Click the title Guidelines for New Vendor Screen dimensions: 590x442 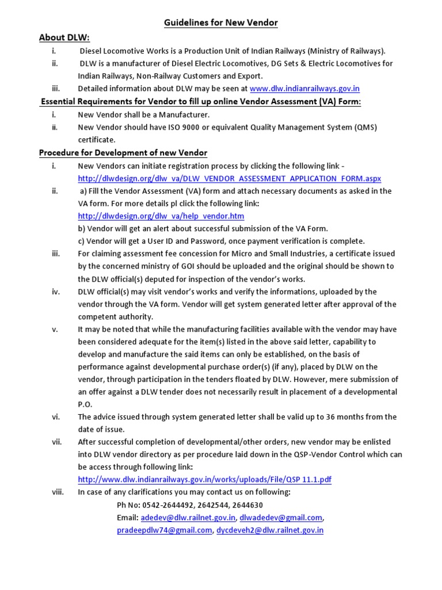click(x=221, y=23)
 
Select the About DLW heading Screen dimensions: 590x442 click(x=64, y=37)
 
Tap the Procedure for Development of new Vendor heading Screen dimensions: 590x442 click(x=123, y=153)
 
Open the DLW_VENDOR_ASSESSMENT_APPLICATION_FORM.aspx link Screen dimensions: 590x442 click(x=229, y=179)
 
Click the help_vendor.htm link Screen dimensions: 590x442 click(x=161, y=216)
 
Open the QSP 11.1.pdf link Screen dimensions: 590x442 click(x=204, y=479)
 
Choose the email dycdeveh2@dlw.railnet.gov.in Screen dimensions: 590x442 click(x=269, y=530)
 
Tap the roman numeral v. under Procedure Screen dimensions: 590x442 click(x=55, y=329)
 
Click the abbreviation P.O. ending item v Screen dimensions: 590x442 click(x=85, y=404)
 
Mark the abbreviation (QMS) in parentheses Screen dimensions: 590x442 click(x=364, y=127)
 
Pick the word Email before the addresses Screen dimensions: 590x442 click(x=127, y=517)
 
